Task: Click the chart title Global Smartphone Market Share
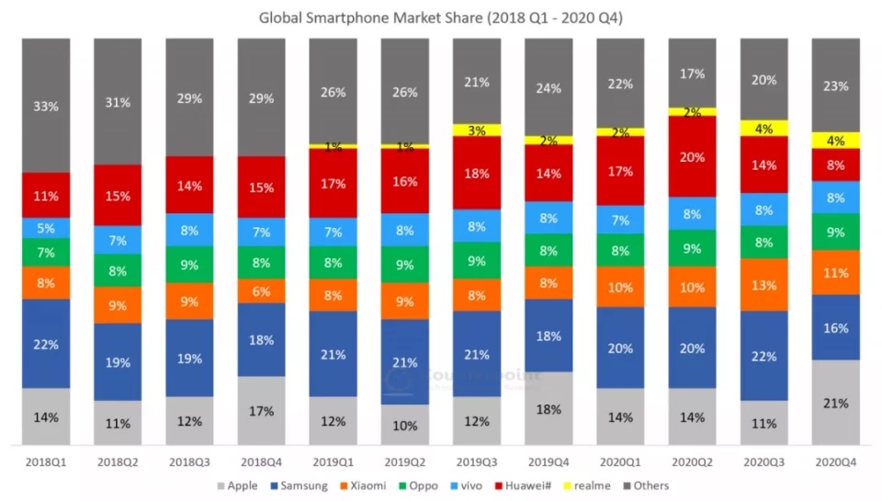440,17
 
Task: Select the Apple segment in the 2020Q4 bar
836,403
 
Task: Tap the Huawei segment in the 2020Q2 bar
693,156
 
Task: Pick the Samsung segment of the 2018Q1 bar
46,344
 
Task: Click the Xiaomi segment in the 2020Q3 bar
764,285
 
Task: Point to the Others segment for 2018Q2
118,101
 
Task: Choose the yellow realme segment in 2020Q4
836,141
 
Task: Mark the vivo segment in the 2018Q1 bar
46,229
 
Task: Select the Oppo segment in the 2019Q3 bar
477,260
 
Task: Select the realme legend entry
589,485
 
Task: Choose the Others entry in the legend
650,485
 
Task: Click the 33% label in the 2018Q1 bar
46,106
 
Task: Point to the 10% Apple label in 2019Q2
404,426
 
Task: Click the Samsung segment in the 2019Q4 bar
548,336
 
